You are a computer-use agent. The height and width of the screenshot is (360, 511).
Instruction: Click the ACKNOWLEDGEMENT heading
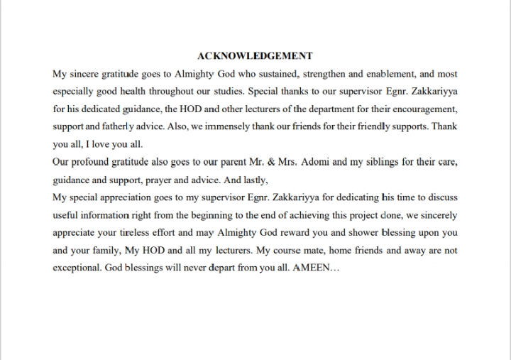point(255,55)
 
